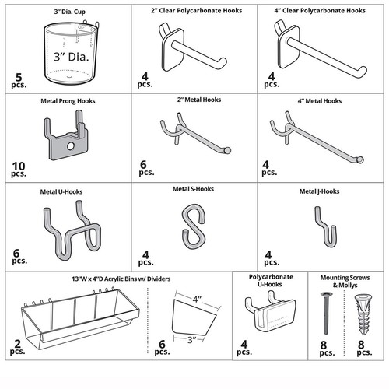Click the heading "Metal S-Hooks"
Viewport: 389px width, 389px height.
point(192,189)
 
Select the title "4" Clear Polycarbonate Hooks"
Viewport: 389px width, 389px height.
point(320,11)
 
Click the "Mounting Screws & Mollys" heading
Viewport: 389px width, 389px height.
point(342,280)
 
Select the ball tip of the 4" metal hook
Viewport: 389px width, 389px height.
point(359,159)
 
